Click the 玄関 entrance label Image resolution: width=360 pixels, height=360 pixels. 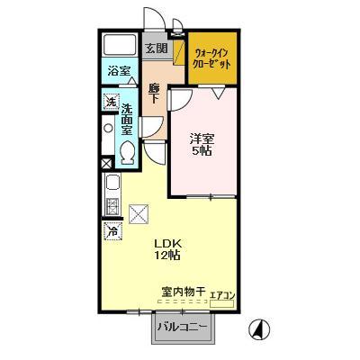point(156,48)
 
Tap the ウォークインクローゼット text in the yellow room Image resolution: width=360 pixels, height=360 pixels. point(213,59)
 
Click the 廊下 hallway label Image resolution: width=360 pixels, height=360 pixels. point(154,93)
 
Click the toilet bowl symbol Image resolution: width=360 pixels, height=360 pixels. point(127,152)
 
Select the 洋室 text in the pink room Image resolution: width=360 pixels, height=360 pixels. point(201,138)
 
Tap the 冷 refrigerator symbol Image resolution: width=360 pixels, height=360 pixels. point(112,231)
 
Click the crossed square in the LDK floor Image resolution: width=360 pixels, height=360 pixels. point(139,213)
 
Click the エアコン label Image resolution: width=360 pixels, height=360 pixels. point(222,294)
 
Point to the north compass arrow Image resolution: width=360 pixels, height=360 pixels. point(258,328)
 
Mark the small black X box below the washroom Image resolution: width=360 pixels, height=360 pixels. point(107,164)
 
